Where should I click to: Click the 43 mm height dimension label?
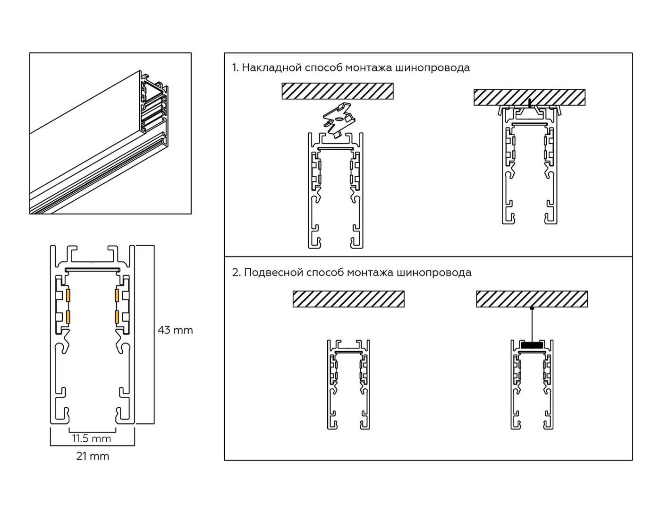pos(175,330)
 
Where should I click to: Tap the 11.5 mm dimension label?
pos(92,438)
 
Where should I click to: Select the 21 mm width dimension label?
pos(93,456)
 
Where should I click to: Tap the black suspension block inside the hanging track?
pos(532,345)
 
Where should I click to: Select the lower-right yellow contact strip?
pos(117,317)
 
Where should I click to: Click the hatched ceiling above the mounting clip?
pos(337,91)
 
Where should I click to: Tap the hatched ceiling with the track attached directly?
pos(529,97)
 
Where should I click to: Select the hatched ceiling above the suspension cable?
pos(532,299)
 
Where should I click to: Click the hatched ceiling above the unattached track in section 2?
pos(348,299)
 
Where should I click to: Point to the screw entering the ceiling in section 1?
pos(531,103)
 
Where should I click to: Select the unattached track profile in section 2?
pos(348,384)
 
